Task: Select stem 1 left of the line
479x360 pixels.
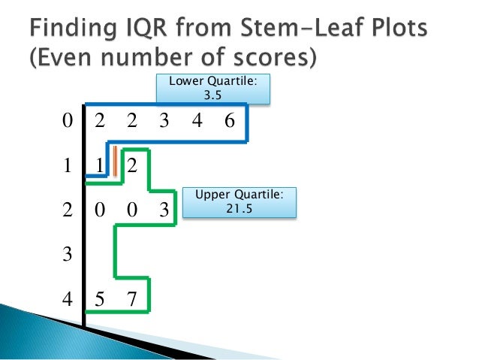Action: [x=68, y=166]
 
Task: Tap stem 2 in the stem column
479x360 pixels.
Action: [x=68, y=210]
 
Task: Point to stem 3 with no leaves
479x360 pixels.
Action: [x=68, y=255]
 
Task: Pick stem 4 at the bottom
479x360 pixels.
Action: [x=68, y=299]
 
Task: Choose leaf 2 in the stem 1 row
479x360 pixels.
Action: [x=132, y=166]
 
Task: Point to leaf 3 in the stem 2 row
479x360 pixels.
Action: [x=164, y=210]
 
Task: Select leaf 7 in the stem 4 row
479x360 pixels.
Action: [x=132, y=299]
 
